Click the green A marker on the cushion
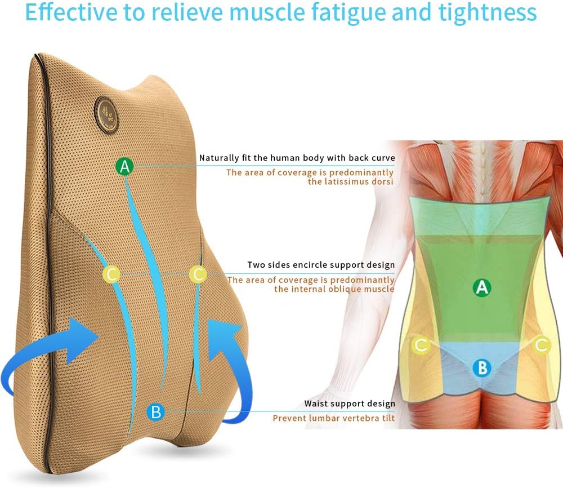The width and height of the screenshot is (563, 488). point(125,166)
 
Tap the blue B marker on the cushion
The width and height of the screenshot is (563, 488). point(156,412)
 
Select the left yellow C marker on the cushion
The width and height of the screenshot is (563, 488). point(111,274)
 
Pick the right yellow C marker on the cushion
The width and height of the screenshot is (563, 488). point(198,274)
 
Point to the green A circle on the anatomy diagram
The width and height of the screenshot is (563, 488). point(481,288)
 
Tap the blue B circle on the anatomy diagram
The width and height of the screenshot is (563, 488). point(482,369)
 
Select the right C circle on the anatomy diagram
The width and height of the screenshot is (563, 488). point(542,345)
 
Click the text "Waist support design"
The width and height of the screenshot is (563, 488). point(350,403)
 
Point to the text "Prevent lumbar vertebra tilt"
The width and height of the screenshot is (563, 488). point(334,418)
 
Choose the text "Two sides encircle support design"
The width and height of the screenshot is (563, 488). point(321,265)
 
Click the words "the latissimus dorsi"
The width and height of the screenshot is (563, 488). point(351,182)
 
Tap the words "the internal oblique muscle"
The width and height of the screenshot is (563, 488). point(334,289)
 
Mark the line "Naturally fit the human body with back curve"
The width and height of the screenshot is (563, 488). point(297,158)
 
